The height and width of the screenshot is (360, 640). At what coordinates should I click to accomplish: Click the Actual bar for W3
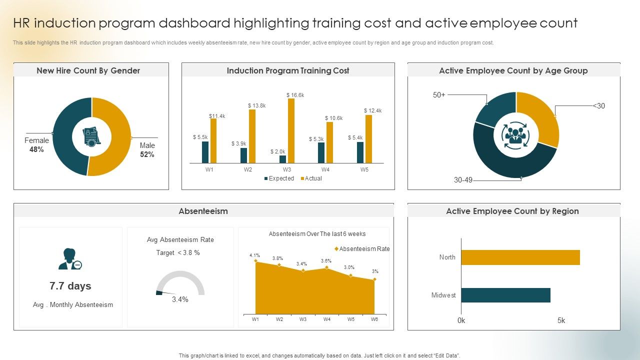pyautogui.click(x=291, y=131)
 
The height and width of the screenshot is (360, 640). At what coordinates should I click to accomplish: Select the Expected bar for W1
pyautogui.click(x=205, y=152)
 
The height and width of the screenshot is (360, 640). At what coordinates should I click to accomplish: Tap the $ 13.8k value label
pyautogui.click(x=256, y=105)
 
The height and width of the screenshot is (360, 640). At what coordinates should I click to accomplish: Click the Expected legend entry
pyautogui.click(x=279, y=178)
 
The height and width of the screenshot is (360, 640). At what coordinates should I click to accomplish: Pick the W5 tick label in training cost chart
pyautogui.click(x=364, y=169)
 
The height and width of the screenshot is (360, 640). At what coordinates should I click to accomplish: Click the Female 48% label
pyautogui.click(x=36, y=145)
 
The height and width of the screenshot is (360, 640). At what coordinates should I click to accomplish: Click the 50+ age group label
pyautogui.click(x=439, y=95)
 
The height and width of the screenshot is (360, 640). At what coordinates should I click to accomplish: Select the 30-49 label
pyautogui.click(x=463, y=180)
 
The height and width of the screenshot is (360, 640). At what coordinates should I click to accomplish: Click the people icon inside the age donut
pyautogui.click(x=515, y=135)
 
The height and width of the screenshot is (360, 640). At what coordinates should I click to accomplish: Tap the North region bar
pyautogui.click(x=520, y=257)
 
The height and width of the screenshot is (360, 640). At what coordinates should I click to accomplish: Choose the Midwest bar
pyautogui.click(x=505, y=295)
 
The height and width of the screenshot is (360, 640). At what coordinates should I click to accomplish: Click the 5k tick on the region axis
pyautogui.click(x=561, y=320)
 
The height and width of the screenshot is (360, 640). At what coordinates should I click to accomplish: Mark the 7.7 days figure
pyautogui.click(x=70, y=286)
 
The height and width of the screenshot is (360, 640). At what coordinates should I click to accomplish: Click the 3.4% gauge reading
pyautogui.click(x=180, y=299)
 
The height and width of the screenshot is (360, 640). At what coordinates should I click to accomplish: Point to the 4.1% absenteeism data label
pyautogui.click(x=254, y=255)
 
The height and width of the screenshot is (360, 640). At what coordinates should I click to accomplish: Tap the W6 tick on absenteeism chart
pyautogui.click(x=374, y=319)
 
